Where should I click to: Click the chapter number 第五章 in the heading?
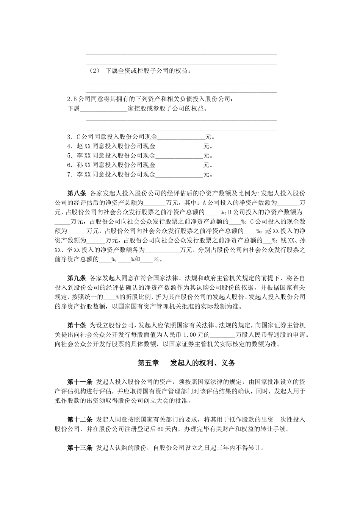[x=148, y=363]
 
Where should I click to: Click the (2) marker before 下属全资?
[x=94, y=71]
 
